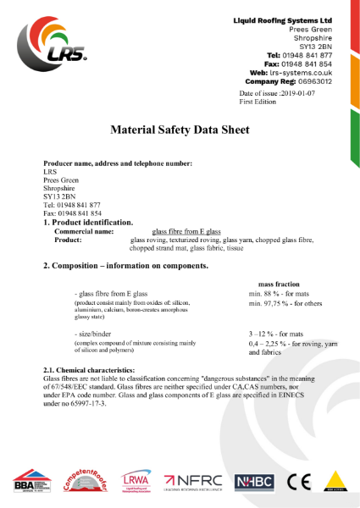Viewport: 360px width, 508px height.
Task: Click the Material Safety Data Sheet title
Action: click(x=180, y=130)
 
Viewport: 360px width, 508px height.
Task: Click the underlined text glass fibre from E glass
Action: click(x=186, y=231)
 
